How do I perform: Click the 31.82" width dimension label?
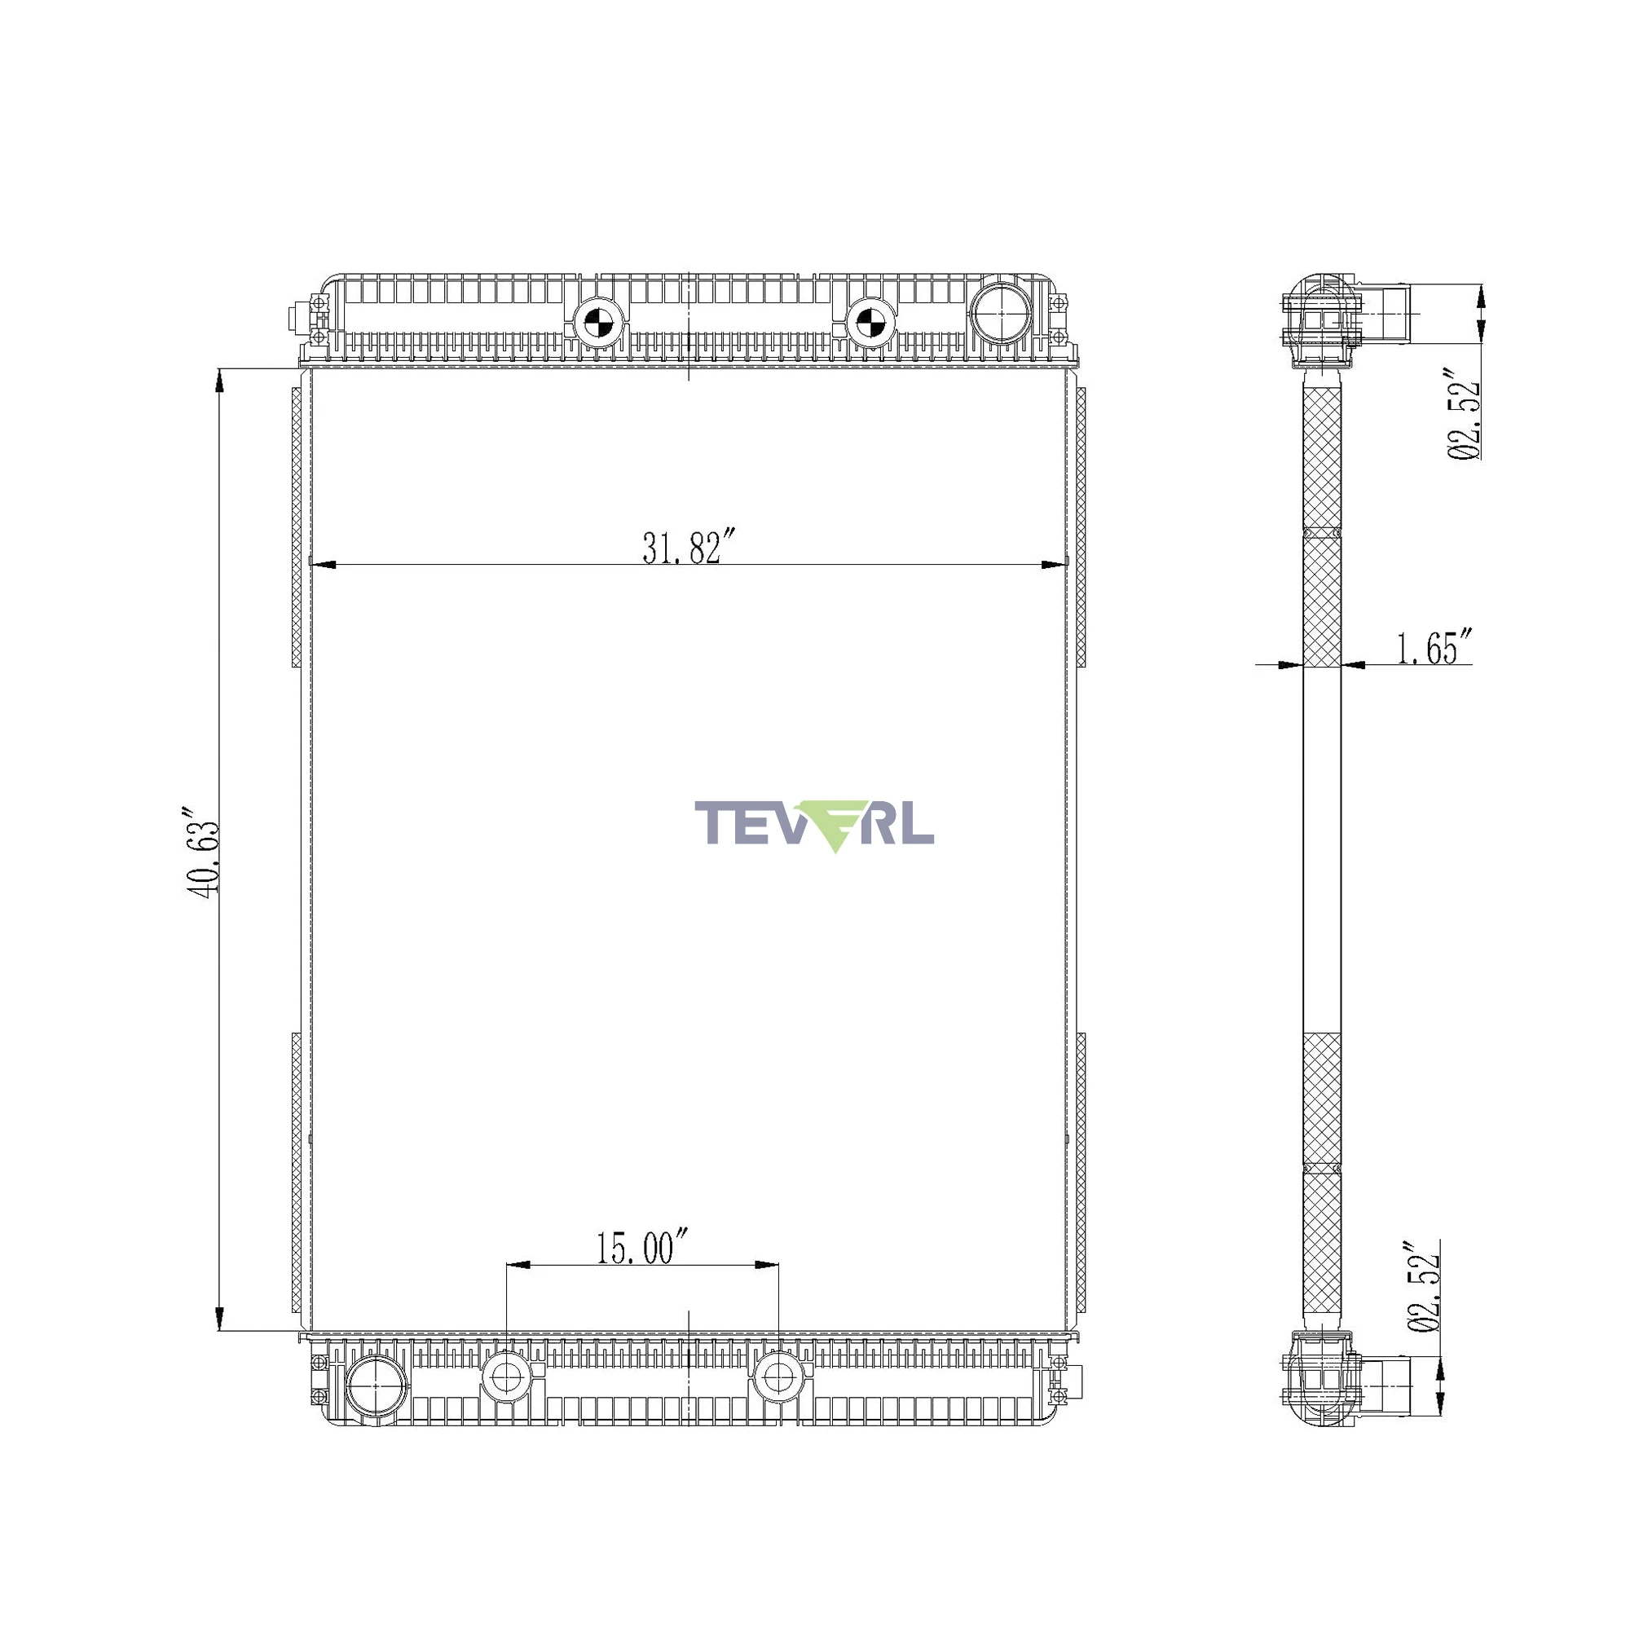689,547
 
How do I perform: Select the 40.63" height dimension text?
202,853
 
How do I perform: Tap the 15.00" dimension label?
643,1248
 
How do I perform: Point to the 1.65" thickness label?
1434,647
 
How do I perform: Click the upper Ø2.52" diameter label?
1465,413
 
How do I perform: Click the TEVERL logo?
814,826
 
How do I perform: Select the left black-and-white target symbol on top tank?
597,321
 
